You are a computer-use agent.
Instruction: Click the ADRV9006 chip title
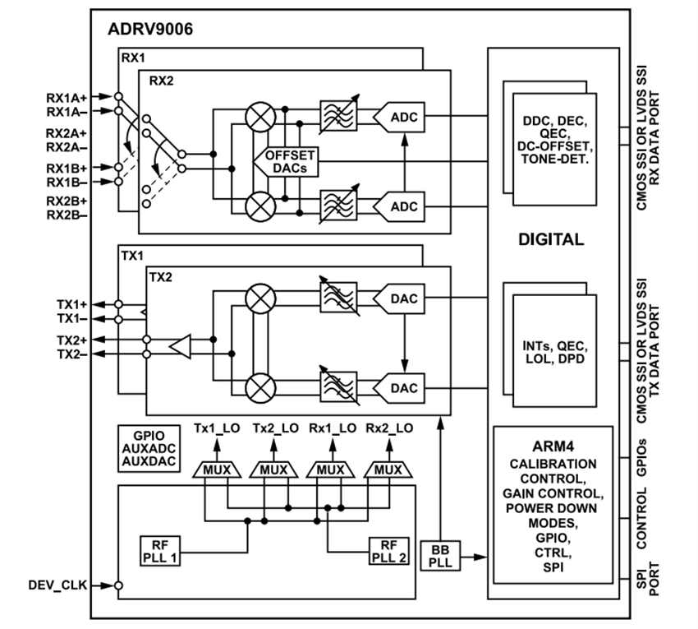tap(150, 30)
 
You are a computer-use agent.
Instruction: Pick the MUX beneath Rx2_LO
tap(388, 469)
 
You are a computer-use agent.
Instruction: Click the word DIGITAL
tap(551, 241)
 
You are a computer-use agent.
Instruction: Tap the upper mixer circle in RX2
tap(261, 117)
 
